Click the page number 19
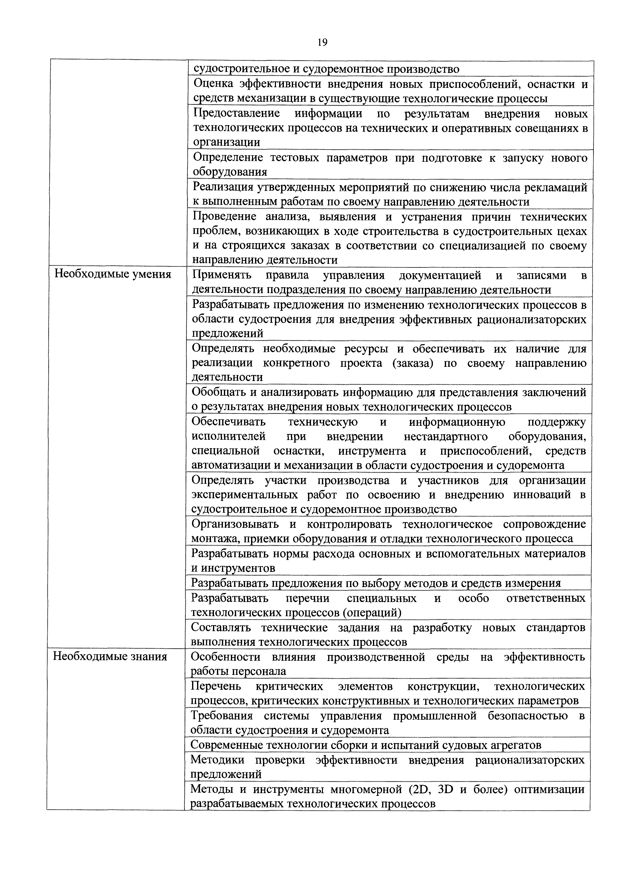pyautogui.click(x=322, y=42)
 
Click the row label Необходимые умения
pyautogui.click(x=113, y=274)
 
